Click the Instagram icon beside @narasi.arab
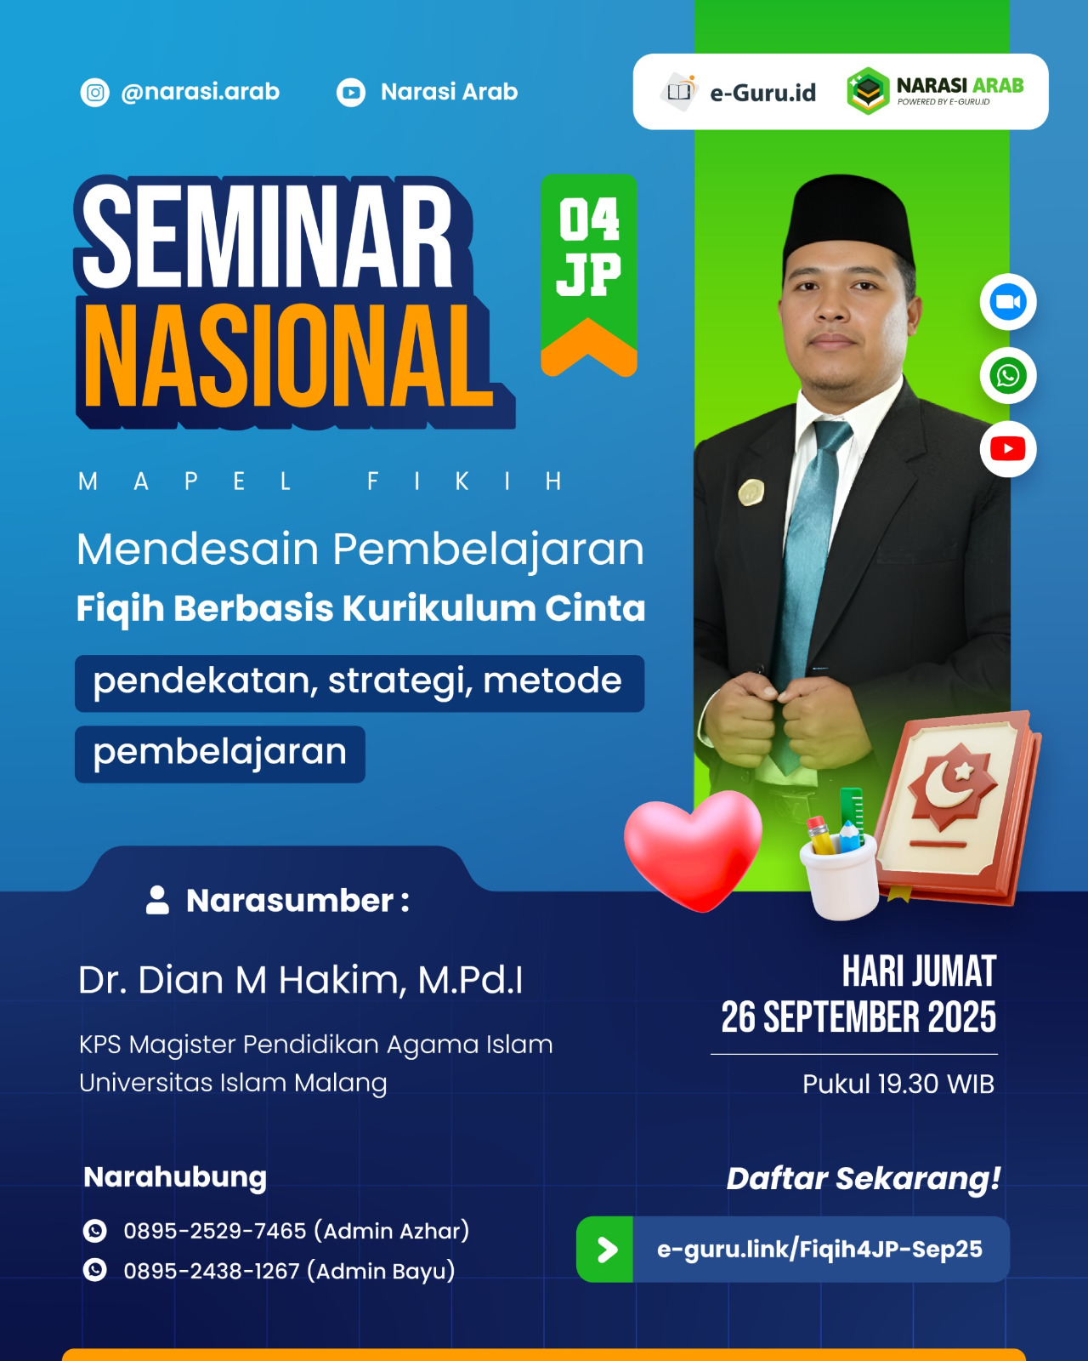click(95, 92)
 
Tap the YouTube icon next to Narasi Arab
click(351, 92)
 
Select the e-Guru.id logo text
click(762, 93)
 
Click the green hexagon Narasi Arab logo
click(868, 91)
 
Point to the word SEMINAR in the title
click(268, 236)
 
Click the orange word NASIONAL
click(289, 357)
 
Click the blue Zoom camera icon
click(1008, 302)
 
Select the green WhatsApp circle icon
click(1008, 375)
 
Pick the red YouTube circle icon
click(1008, 448)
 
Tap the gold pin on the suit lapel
click(751, 491)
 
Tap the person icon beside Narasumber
click(157, 900)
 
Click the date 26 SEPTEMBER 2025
click(858, 1017)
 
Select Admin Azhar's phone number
click(214, 1231)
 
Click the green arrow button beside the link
click(605, 1250)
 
